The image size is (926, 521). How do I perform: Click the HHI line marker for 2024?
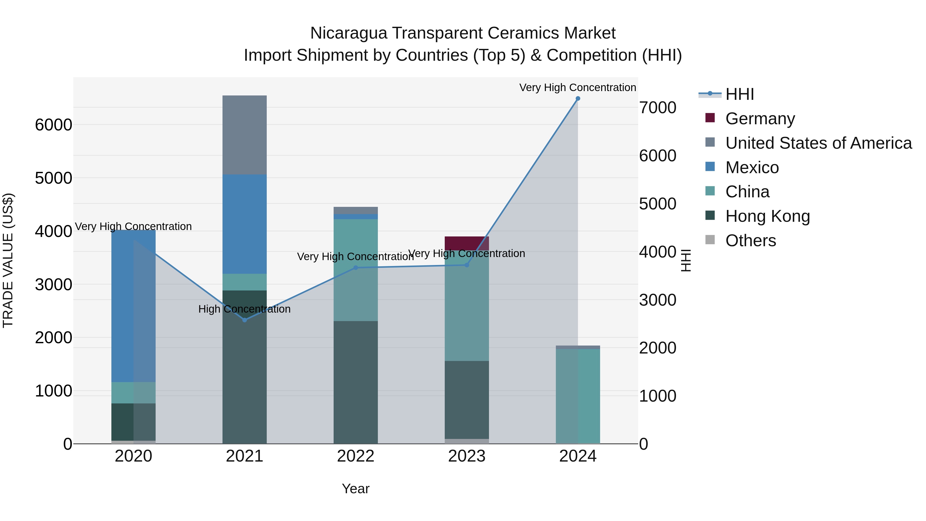point(578,98)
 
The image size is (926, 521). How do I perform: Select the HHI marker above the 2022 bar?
point(355,268)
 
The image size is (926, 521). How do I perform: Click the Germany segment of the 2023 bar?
point(467,243)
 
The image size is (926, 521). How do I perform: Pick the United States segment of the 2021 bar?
point(244,135)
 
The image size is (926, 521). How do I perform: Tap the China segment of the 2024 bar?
point(578,395)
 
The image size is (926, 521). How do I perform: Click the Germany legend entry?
point(760,119)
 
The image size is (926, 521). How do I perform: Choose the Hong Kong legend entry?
point(768,216)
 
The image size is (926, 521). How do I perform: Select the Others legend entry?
point(751,241)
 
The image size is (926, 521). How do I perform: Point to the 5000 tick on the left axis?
point(54,178)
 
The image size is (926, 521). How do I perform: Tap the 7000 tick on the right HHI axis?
point(657,108)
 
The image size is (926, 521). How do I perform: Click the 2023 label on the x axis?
point(467,456)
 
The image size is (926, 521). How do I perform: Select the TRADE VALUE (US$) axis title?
point(8,260)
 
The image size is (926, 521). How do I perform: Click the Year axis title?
point(355,489)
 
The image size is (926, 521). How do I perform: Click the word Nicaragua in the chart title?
point(349,33)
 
